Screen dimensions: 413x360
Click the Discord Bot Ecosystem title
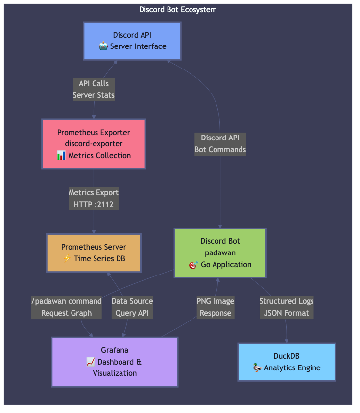click(x=178, y=10)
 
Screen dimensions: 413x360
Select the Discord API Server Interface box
click(x=132, y=41)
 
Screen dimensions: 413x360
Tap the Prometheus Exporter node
click(x=94, y=144)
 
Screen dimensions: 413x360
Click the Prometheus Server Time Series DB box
click(x=94, y=253)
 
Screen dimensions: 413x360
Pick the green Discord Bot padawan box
click(x=220, y=253)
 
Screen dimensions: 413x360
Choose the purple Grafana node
click(x=115, y=362)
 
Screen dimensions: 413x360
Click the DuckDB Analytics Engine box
click(x=286, y=362)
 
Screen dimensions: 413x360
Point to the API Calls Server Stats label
click(x=94, y=90)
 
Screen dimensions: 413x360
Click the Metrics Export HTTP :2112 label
click(x=94, y=198)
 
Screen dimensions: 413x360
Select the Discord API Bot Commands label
click(x=220, y=144)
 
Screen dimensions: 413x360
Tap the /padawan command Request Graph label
click(x=67, y=307)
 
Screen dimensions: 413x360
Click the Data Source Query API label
click(x=132, y=307)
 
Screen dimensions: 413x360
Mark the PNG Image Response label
click(x=215, y=307)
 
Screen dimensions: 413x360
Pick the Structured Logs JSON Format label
click(x=286, y=307)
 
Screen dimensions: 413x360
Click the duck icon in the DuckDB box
click(x=257, y=367)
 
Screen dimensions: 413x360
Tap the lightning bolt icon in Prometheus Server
click(x=67, y=259)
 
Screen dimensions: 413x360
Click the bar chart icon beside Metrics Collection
click(x=61, y=156)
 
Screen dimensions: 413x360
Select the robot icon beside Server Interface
click(x=103, y=46)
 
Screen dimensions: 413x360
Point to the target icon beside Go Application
click(x=193, y=265)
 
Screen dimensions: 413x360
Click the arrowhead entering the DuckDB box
click(x=286, y=341)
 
